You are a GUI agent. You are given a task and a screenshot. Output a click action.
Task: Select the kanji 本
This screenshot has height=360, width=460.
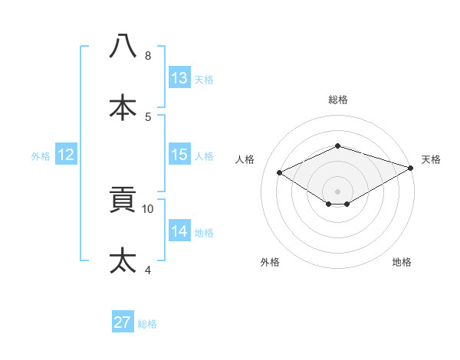[123, 106]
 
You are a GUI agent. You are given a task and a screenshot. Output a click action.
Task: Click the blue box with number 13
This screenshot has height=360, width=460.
[179, 78]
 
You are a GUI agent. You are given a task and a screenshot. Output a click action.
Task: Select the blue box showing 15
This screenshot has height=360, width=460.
[179, 155]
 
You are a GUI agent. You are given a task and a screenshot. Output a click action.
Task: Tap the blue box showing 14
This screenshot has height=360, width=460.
[179, 231]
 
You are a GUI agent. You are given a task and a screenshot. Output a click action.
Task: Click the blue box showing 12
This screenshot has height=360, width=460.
[66, 155]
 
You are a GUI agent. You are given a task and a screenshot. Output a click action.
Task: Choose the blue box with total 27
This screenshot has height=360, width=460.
[123, 322]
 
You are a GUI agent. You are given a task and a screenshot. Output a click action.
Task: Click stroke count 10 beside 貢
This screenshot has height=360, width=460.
[148, 208]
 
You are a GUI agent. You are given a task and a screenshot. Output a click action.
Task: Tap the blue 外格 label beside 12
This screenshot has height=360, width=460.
[41, 156]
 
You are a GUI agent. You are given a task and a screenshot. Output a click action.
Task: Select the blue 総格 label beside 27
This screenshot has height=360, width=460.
[147, 324]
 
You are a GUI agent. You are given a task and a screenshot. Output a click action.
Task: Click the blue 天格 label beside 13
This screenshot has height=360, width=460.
[204, 80]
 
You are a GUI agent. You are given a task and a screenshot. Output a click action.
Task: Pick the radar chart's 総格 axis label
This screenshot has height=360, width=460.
[337, 100]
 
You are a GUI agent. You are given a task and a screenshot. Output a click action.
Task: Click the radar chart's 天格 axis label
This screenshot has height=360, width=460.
[432, 159]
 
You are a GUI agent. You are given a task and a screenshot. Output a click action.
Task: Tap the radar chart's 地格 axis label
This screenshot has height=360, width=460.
[402, 262]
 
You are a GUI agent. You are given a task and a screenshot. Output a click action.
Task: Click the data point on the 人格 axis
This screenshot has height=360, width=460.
[281, 173]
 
